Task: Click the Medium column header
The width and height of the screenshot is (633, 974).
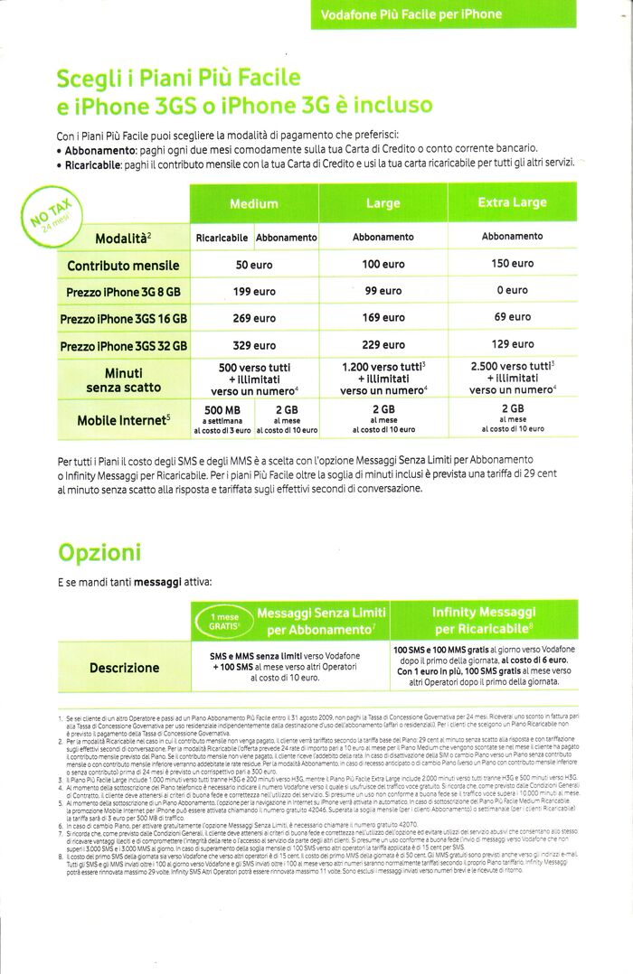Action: tap(253, 204)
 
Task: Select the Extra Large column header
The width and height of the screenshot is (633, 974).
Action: tap(511, 202)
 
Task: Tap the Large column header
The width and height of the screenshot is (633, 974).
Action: tap(383, 204)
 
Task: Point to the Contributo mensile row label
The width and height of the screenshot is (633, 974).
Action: tap(122, 266)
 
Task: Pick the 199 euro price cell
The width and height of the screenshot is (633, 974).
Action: tap(253, 292)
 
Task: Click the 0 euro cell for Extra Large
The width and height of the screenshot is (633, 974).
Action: tap(511, 290)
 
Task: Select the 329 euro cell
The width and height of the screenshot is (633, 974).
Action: tap(253, 345)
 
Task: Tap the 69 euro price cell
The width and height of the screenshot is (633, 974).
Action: tap(511, 317)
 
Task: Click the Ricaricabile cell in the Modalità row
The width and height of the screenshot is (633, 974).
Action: tap(222, 238)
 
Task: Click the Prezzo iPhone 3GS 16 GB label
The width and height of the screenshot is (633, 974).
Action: tap(124, 319)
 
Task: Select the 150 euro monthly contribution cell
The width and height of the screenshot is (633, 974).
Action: tap(511, 264)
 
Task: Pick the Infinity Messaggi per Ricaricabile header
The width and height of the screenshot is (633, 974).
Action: tap(485, 621)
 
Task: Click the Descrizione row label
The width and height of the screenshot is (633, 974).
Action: tap(124, 669)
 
